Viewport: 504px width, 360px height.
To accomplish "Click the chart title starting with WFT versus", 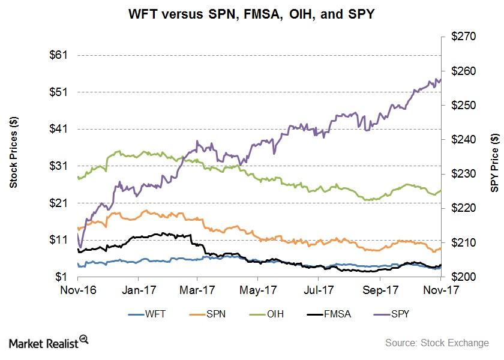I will tap(251, 14).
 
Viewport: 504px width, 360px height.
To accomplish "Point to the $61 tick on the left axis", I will tap(59, 55).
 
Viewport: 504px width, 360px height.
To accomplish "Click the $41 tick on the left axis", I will tap(59, 129).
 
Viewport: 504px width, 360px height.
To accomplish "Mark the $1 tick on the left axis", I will tap(62, 277).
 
